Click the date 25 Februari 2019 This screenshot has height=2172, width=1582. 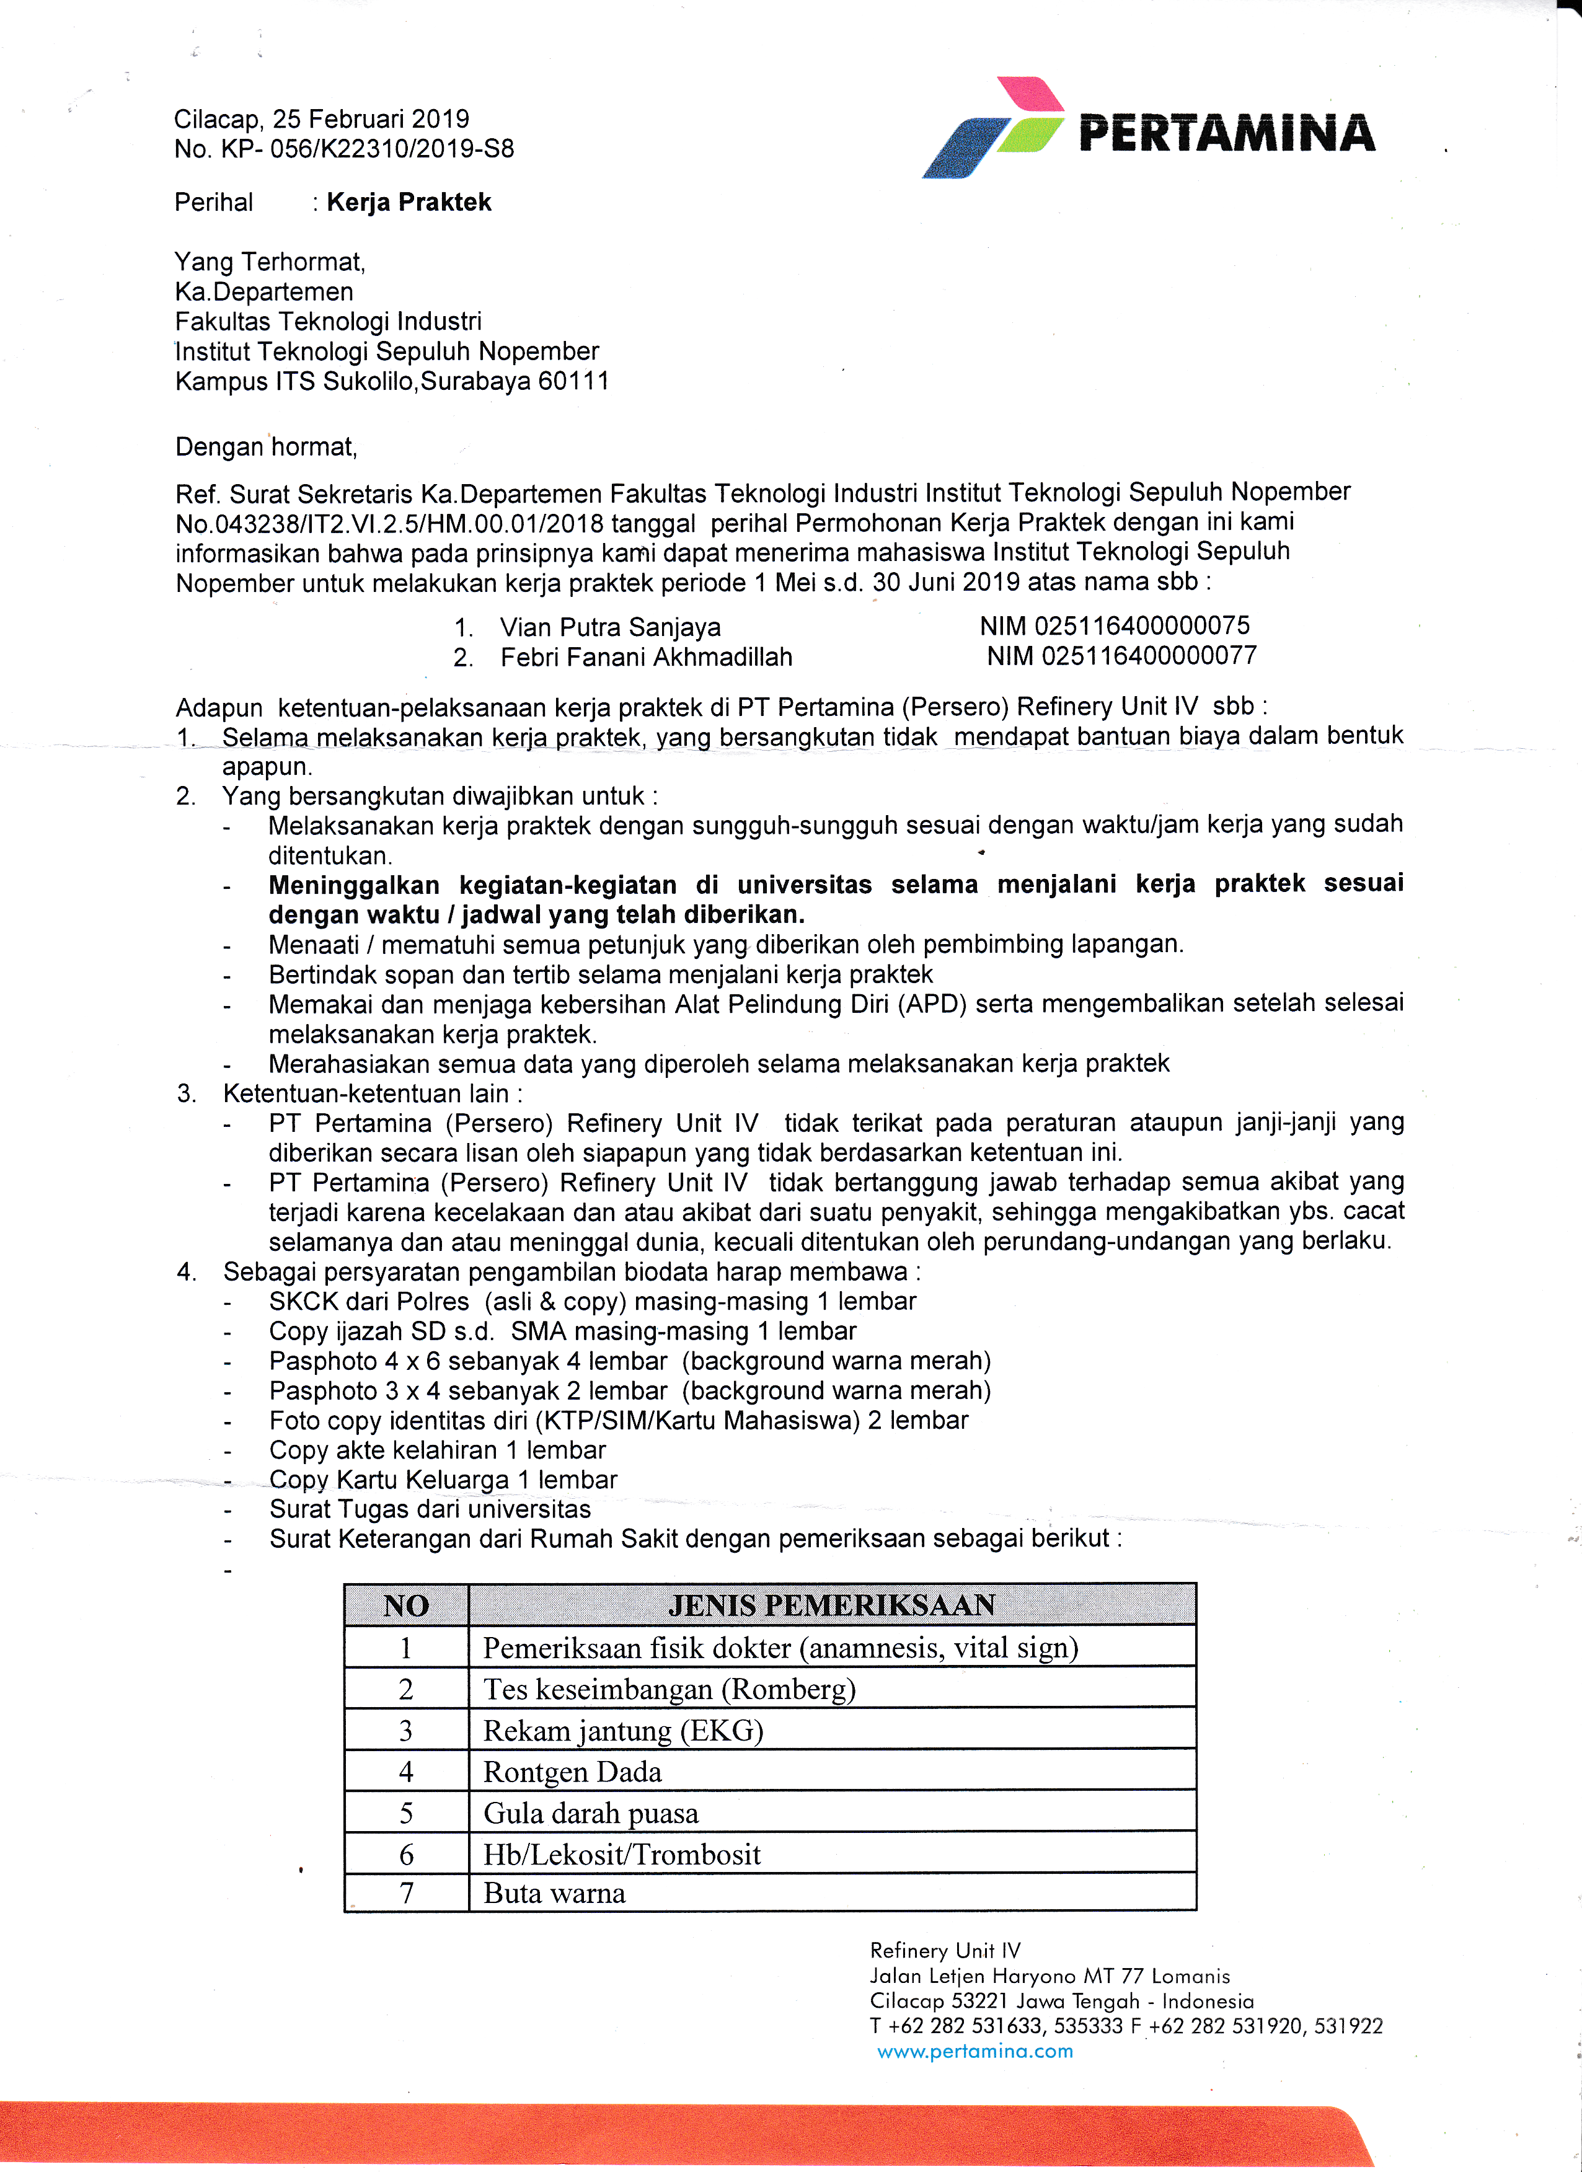[371, 119]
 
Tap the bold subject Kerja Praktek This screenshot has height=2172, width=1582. [409, 202]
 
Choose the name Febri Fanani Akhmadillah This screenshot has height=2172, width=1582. [647, 657]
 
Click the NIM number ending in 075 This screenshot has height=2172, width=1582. [1115, 625]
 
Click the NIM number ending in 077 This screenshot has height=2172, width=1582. [1121, 656]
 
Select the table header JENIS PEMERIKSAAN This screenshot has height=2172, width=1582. [831, 1605]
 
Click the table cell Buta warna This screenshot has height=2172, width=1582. [554, 1893]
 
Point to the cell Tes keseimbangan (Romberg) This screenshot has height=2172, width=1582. [668, 1689]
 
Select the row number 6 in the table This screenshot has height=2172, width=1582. [406, 1854]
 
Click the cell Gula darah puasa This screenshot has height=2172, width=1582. [590, 1813]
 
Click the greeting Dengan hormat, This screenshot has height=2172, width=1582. [266, 448]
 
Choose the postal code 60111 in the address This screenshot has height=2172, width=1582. [573, 381]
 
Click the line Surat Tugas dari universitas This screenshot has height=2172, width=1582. [430, 1509]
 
